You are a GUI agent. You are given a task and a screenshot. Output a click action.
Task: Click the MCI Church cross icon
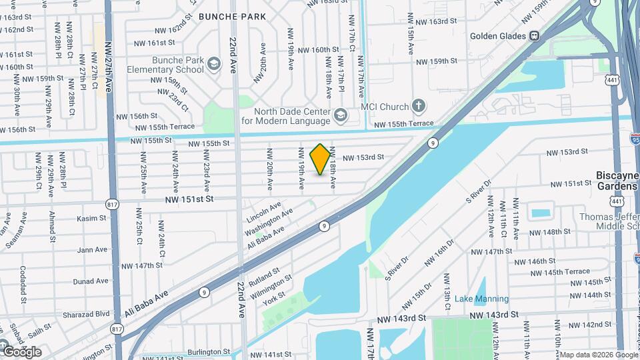[x=418, y=106]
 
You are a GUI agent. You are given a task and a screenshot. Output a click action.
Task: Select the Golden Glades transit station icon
[x=534, y=36]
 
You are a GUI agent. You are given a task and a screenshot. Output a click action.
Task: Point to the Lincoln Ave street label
[x=264, y=213]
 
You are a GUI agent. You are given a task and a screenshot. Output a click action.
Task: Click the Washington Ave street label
[x=269, y=223]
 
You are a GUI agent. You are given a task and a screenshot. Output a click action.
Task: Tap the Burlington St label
[x=208, y=351]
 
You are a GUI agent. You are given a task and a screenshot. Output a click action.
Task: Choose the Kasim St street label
[x=91, y=218]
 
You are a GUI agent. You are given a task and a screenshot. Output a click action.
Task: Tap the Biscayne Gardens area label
[x=617, y=181]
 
